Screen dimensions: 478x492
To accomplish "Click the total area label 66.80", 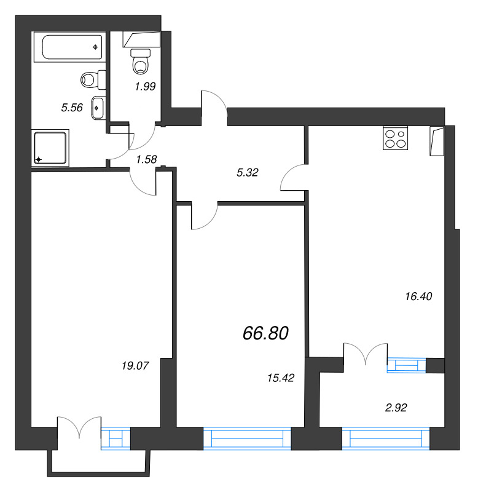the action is tap(265, 333).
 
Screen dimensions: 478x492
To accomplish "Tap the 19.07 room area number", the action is tap(135, 365).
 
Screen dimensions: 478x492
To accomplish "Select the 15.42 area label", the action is tap(281, 378).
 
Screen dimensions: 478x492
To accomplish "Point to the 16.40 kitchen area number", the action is tap(418, 296).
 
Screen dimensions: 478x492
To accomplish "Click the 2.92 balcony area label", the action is tap(396, 408).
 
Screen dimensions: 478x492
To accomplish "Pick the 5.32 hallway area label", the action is tap(248, 172).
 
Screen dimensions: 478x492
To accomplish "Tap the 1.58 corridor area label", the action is tap(146, 159).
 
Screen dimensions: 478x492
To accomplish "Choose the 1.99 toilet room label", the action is tap(145, 86).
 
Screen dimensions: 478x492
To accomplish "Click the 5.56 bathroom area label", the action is tap(72, 108).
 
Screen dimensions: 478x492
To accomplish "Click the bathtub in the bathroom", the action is tap(69, 47).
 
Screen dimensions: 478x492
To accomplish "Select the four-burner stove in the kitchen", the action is tap(395, 138).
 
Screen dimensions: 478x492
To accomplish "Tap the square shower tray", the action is tap(50, 148).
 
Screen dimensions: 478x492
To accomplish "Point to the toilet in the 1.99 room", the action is tap(141, 61).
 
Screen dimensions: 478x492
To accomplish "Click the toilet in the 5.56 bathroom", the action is tap(93, 79).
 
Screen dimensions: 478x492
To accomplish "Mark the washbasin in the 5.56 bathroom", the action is tap(98, 108).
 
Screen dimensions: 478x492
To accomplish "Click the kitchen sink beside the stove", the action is tap(437, 141).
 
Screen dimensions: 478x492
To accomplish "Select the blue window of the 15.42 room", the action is tap(248, 438).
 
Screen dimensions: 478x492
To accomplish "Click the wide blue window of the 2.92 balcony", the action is tap(386, 438).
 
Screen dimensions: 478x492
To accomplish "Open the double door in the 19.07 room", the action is tap(79, 427).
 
